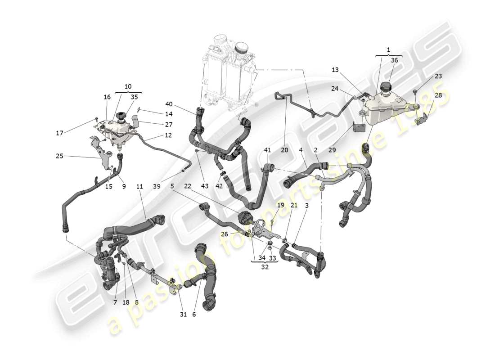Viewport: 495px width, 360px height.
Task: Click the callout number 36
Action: pyautogui.click(x=394, y=60)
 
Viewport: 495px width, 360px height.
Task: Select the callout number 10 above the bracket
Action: pyautogui.click(x=128, y=86)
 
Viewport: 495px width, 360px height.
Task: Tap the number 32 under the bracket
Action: pyautogui.click(x=265, y=266)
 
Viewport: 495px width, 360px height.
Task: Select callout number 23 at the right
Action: pyautogui.click(x=438, y=76)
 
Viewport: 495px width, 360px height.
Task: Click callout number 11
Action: pyautogui.click(x=139, y=186)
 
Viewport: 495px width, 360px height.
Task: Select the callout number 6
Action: pyautogui.click(x=194, y=315)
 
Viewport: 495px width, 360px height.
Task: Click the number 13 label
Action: pyautogui.click(x=335, y=70)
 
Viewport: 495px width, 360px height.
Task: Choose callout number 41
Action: pyautogui.click(x=268, y=150)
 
